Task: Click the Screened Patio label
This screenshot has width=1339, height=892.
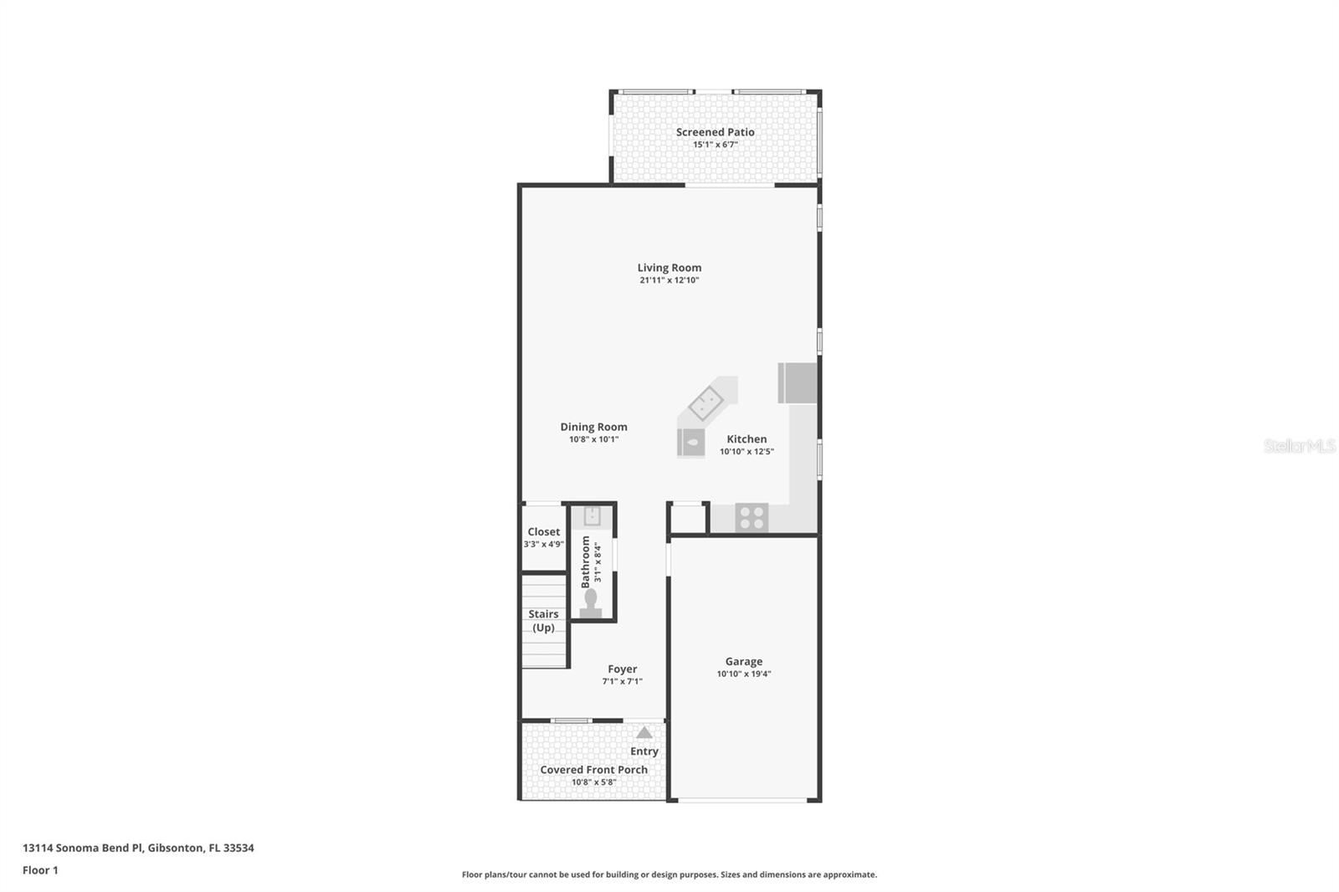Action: [715, 132]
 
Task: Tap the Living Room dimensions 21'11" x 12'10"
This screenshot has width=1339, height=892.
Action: [669, 280]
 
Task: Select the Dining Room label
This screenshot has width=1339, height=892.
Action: [593, 427]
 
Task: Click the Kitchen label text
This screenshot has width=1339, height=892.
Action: [746, 438]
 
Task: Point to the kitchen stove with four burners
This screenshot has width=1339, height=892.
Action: [752, 518]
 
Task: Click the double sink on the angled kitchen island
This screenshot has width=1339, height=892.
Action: [706, 403]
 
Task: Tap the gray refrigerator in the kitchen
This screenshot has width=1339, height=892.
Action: [798, 383]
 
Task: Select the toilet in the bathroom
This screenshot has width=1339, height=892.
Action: [591, 603]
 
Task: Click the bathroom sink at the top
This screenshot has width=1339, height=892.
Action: [592, 516]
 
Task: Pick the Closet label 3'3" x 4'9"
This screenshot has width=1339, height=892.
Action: [543, 537]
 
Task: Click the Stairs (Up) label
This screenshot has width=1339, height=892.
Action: [543, 621]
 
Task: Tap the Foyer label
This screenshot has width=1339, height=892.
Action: [622, 669]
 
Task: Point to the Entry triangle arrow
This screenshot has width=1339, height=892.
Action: [644, 733]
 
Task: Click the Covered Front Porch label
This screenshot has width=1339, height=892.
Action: [593, 770]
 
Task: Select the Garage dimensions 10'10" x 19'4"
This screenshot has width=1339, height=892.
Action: [743, 674]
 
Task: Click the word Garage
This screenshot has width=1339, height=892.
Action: [743, 661]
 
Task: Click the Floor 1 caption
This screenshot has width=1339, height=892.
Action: [40, 870]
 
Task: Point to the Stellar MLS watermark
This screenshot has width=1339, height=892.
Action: [1299, 446]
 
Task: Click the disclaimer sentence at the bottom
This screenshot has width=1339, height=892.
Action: [669, 874]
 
